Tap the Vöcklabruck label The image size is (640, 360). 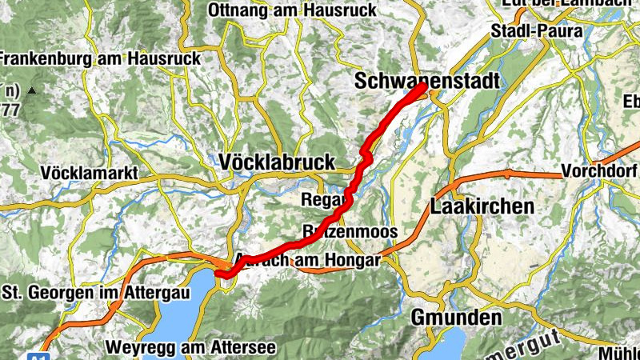277,162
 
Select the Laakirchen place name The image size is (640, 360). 482,206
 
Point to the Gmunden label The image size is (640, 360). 456,318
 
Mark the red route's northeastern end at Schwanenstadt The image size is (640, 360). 422,86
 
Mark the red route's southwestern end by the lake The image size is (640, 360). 218,275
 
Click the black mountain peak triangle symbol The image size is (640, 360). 32,90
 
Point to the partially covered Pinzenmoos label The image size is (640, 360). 350,232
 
